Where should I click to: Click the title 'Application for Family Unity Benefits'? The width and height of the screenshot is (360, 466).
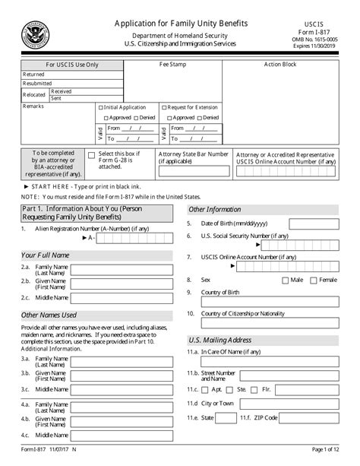180,24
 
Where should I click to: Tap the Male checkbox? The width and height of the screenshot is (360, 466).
285,280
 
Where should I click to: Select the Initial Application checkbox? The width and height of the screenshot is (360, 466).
100,108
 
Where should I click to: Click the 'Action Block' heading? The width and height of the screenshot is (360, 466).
280,65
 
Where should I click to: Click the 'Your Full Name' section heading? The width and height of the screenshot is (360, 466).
45,255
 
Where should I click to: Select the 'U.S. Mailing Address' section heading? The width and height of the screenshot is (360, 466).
219,340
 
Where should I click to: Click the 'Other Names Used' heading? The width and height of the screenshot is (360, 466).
49,314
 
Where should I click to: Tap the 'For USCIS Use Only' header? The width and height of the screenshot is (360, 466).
71,65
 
